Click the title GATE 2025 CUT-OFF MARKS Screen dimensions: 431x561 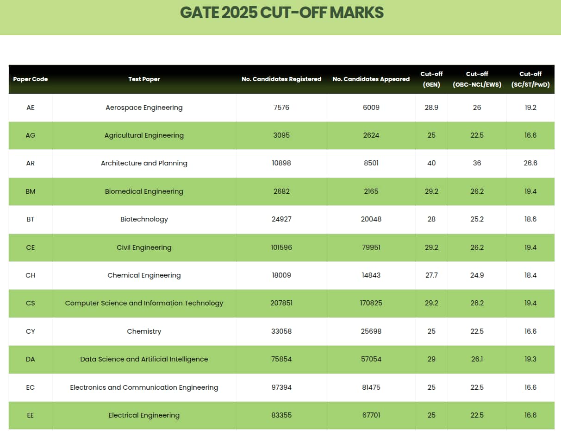pos(281,13)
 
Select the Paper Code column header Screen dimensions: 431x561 pos(30,79)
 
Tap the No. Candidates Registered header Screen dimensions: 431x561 pos(281,79)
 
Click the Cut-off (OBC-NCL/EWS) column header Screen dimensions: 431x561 pos(477,79)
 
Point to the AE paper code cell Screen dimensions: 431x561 pos(30,108)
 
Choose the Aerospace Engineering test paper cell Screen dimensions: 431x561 pos(144,108)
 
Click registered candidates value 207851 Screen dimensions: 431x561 pos(281,303)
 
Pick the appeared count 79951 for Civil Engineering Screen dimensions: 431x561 pos(371,247)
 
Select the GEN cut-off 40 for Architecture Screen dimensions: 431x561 pos(431,163)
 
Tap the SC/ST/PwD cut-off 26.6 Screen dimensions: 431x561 pos(530,163)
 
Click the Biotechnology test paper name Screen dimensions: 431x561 pos(144,219)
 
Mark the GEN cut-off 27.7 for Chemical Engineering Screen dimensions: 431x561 pos(431,275)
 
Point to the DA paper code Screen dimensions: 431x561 pos(30,359)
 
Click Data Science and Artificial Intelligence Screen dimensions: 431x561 pos(144,359)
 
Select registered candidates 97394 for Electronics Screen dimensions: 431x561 pos(281,387)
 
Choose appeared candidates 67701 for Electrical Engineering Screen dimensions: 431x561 pos(371,415)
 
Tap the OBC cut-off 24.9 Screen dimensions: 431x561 pos(477,275)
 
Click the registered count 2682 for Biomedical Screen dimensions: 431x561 pos(281,191)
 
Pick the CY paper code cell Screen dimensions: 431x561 pos(30,331)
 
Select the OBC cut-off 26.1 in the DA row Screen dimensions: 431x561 pos(477,359)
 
